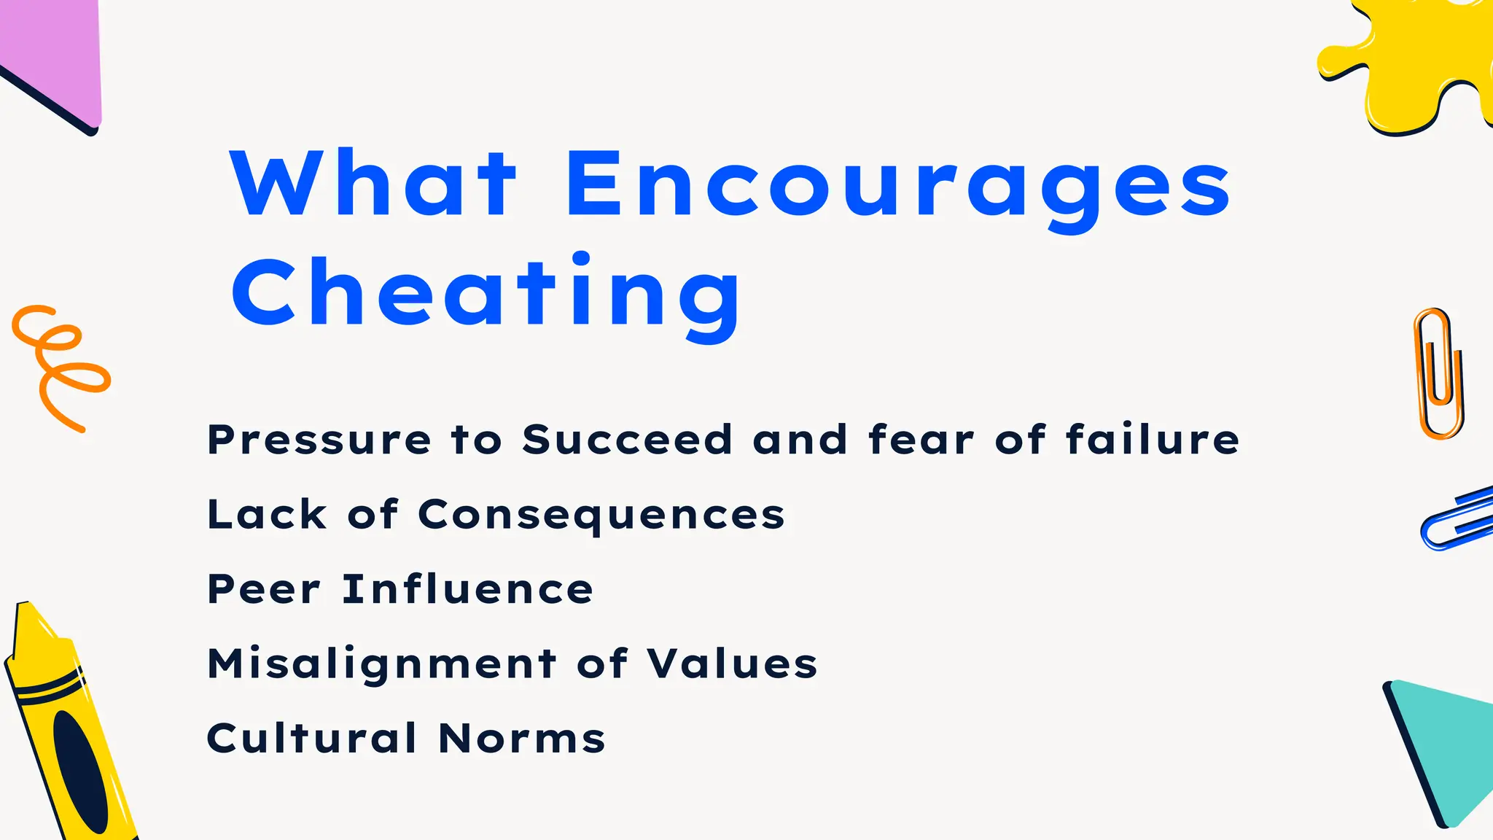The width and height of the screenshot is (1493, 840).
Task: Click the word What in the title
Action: (x=373, y=184)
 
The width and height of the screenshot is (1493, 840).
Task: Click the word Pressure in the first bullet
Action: (x=319, y=440)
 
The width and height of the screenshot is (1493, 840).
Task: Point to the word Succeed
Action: (x=627, y=440)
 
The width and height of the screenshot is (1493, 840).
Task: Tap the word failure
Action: (x=1152, y=440)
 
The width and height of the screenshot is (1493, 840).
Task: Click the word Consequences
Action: (x=601, y=516)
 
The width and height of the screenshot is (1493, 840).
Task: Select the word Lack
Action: (x=267, y=515)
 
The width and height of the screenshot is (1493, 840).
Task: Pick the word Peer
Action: (x=264, y=589)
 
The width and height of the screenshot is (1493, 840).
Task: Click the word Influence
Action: (x=468, y=589)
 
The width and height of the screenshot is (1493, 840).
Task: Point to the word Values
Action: (x=733, y=664)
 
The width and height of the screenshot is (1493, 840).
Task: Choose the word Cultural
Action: (x=312, y=738)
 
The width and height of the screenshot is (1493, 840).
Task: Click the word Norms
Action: (x=522, y=738)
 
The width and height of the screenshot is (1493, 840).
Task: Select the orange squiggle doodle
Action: (x=58, y=365)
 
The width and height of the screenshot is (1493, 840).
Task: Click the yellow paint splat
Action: (x=1411, y=66)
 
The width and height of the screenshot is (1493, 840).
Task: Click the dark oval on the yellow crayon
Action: (x=80, y=771)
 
